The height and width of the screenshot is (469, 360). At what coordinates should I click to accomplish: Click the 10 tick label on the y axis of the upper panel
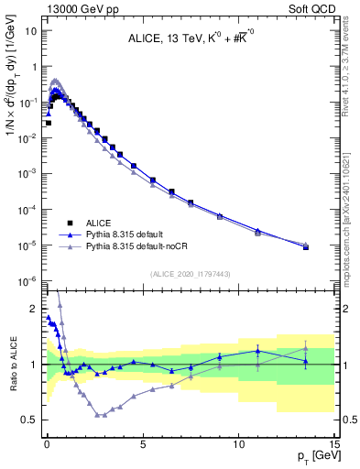pos(30,30)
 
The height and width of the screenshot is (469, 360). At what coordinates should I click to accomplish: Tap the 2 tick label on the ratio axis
pos(33,309)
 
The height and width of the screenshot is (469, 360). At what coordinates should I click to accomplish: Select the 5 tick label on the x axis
pos(142,442)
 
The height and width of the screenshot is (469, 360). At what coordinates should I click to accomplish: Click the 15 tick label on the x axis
pos(334,442)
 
